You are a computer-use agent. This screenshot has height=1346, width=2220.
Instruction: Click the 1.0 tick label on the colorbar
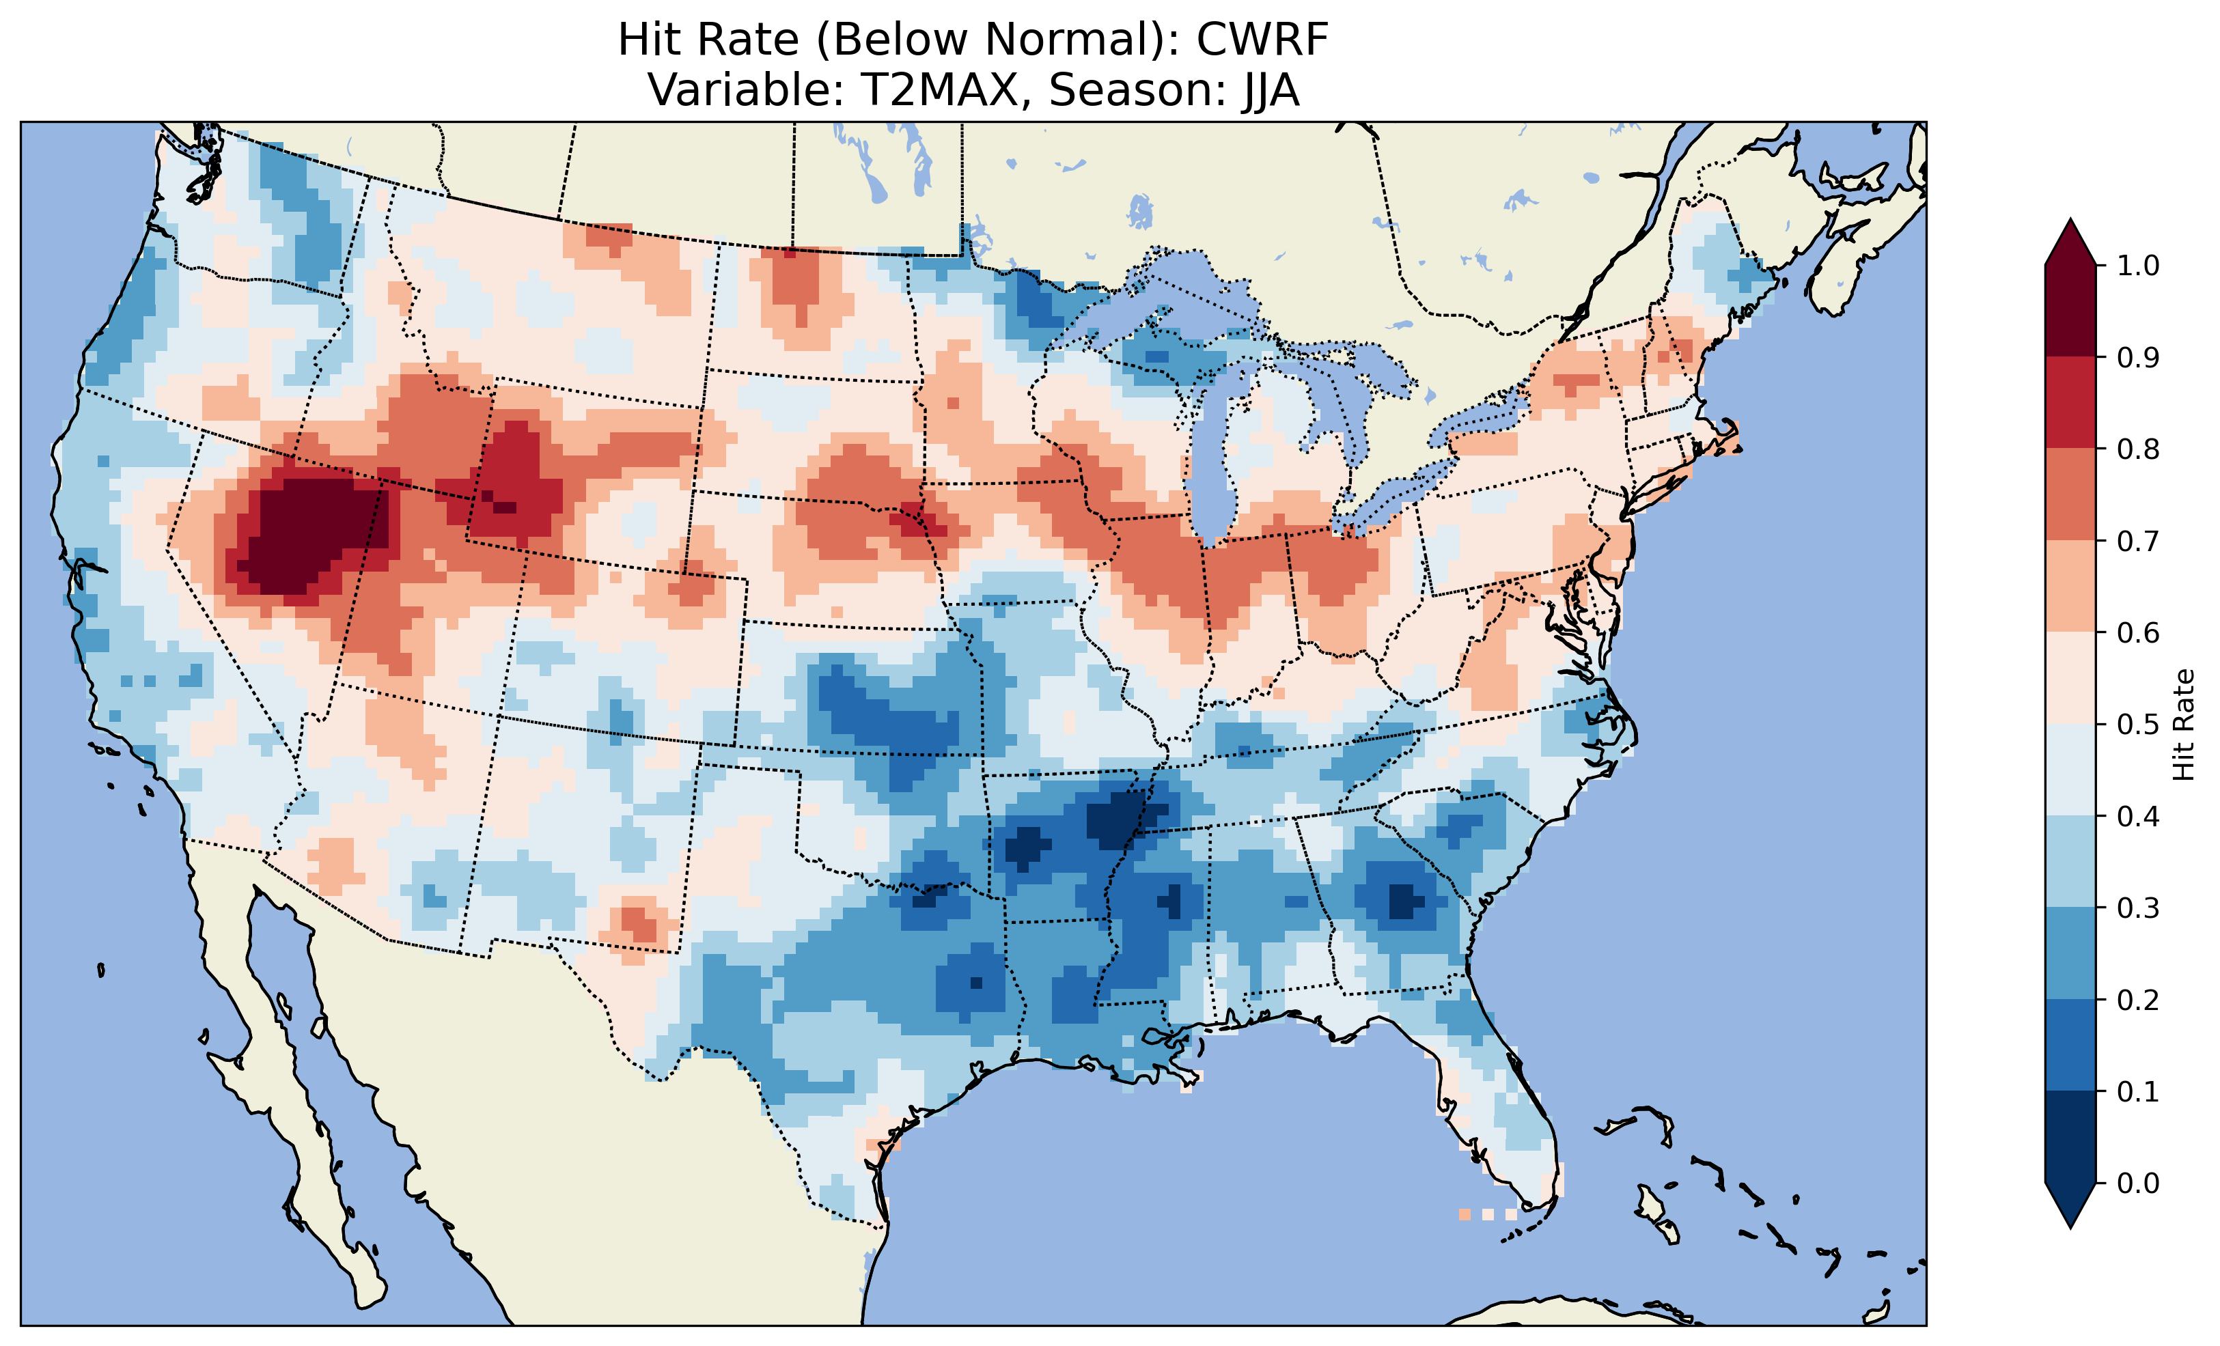point(2139,266)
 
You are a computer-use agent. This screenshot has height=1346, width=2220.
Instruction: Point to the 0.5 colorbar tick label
point(2139,725)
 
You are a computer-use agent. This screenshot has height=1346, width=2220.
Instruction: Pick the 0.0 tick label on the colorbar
point(2139,1183)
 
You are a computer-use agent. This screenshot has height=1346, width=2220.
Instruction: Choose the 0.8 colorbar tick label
point(2139,449)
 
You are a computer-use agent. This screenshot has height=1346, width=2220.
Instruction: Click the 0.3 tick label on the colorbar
point(2139,908)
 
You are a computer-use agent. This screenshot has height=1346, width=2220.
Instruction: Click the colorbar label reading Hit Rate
point(2183,725)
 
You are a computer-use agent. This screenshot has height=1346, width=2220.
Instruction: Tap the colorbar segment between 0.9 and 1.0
point(2070,311)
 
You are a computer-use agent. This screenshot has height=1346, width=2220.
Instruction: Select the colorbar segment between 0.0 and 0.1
point(2070,1137)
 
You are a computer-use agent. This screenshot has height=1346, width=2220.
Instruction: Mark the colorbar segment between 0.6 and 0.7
point(2070,586)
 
